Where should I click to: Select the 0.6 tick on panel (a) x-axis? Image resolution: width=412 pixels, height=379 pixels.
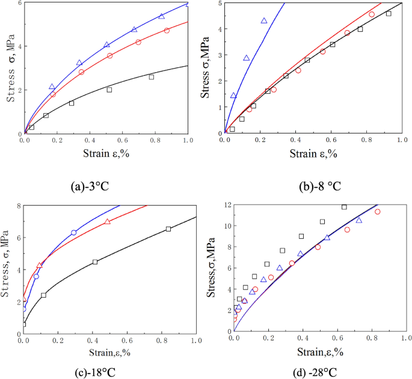pos(123,140)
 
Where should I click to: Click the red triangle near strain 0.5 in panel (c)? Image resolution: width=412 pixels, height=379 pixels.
pos(108,222)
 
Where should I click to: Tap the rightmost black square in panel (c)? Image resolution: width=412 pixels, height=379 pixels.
pos(168,229)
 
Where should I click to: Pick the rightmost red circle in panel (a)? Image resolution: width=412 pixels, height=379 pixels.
pos(167,30)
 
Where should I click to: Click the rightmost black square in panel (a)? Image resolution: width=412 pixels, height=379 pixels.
pos(152,77)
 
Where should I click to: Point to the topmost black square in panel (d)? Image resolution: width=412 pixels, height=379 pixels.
pos(344,207)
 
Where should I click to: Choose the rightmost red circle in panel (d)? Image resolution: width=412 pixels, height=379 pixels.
pos(378,212)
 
